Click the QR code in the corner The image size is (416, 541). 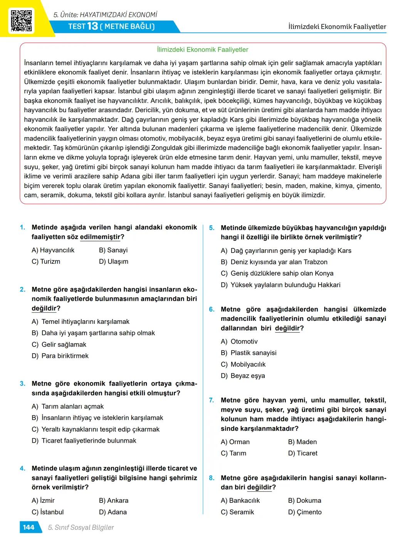point(21,20)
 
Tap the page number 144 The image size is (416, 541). point(29,527)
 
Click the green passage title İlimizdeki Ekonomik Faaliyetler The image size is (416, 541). point(203,50)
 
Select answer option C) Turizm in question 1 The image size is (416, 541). point(46,261)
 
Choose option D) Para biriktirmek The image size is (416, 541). point(60,356)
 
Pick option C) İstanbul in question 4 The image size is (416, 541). point(47,512)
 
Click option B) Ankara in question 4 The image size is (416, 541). point(114,501)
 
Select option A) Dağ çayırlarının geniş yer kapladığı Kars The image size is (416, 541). point(286,251)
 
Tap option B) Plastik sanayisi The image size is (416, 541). point(248,353)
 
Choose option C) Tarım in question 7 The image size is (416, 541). point(233,453)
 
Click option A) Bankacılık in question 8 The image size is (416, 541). point(240,501)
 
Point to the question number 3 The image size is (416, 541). point(23,384)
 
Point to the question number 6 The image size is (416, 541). point(212,309)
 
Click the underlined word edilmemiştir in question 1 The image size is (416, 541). point(100,237)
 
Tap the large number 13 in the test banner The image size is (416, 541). point(92,26)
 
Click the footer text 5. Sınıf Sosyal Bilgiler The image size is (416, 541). point(81,527)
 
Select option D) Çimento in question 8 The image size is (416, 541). point(305,512)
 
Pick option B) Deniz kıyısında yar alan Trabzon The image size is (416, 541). point(274,262)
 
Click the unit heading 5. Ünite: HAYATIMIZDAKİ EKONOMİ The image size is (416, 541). point(106,15)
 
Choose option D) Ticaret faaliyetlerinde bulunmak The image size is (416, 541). point(84,441)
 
